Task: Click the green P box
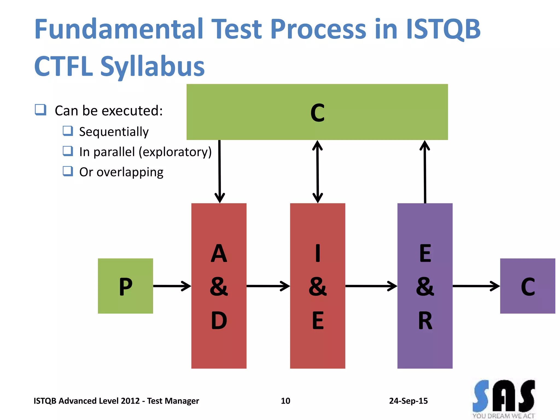tap(125, 286)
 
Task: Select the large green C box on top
tap(317, 112)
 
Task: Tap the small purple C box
tap(527, 286)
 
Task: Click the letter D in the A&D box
tap(219, 320)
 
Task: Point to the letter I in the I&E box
tap(317, 253)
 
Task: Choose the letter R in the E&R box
tap(425, 320)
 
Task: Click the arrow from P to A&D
tap(172, 286)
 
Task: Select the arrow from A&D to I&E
tap(268, 286)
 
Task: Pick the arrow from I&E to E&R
tap(371, 286)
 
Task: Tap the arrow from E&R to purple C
tap(476, 286)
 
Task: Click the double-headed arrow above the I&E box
tap(317, 171)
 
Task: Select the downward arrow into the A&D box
tap(220, 171)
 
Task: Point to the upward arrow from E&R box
tap(425, 171)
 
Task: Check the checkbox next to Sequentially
tap(68, 131)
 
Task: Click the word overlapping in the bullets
tap(130, 172)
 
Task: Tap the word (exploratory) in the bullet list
tap(175, 152)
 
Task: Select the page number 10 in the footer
tap(285, 401)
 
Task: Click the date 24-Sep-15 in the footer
tap(408, 401)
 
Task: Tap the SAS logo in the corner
tap(504, 398)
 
